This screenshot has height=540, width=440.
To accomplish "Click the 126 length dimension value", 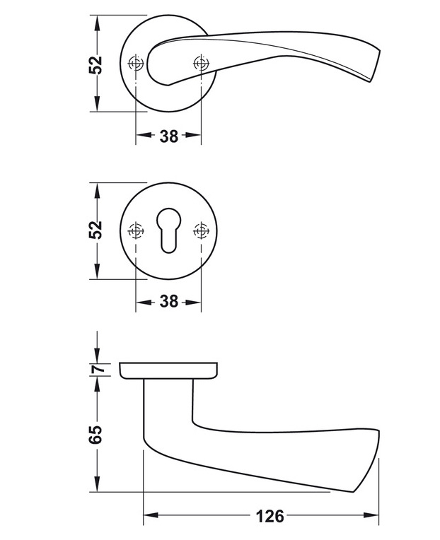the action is click(270, 516).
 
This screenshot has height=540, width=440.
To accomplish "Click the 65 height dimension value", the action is click(96, 435).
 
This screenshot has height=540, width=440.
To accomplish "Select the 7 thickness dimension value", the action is click(99, 369).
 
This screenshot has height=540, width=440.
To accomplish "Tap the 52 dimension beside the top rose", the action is click(96, 64).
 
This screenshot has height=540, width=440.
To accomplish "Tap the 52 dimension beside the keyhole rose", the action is click(96, 230).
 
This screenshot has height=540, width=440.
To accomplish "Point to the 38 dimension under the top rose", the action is click(169, 136).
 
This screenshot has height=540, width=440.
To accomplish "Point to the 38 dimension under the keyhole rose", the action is click(169, 301).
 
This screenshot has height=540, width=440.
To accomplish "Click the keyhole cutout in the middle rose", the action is click(168, 230).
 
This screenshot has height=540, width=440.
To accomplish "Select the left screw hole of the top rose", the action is click(136, 64).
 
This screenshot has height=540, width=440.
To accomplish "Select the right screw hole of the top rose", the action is click(201, 63).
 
